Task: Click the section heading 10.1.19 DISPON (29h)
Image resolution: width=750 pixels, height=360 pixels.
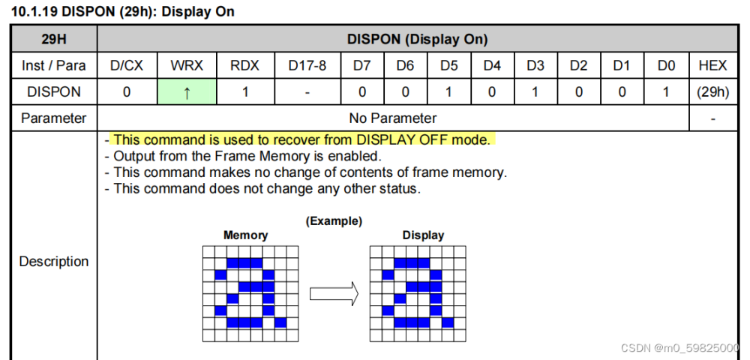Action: click(123, 11)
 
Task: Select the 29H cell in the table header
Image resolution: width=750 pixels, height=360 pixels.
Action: click(53, 39)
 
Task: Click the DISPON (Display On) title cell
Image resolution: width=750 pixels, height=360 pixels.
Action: click(417, 39)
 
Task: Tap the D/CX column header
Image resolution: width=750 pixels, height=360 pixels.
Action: click(126, 65)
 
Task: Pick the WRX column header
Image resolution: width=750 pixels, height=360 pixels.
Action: click(187, 65)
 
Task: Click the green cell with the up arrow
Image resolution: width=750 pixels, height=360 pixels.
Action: click(187, 91)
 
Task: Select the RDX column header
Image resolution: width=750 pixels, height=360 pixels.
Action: click(244, 65)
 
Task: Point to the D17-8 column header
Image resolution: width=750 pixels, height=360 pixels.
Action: click(307, 65)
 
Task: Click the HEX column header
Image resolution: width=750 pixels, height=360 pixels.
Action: click(712, 65)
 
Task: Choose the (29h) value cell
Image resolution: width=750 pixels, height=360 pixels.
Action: click(712, 91)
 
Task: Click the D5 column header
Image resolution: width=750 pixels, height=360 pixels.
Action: click(448, 65)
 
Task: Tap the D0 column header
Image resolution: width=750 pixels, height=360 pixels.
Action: click(665, 65)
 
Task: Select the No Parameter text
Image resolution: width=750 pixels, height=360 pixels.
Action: click(393, 118)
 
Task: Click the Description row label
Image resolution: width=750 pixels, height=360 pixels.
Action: click(53, 261)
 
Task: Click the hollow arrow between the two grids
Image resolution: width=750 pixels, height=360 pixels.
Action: click(333, 293)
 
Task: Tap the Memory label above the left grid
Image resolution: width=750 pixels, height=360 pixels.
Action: click(245, 235)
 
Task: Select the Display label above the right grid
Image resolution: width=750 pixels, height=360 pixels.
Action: click(423, 235)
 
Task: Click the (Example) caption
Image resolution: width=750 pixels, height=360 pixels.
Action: click(334, 221)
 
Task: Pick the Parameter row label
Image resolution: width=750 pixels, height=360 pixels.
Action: click(53, 118)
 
